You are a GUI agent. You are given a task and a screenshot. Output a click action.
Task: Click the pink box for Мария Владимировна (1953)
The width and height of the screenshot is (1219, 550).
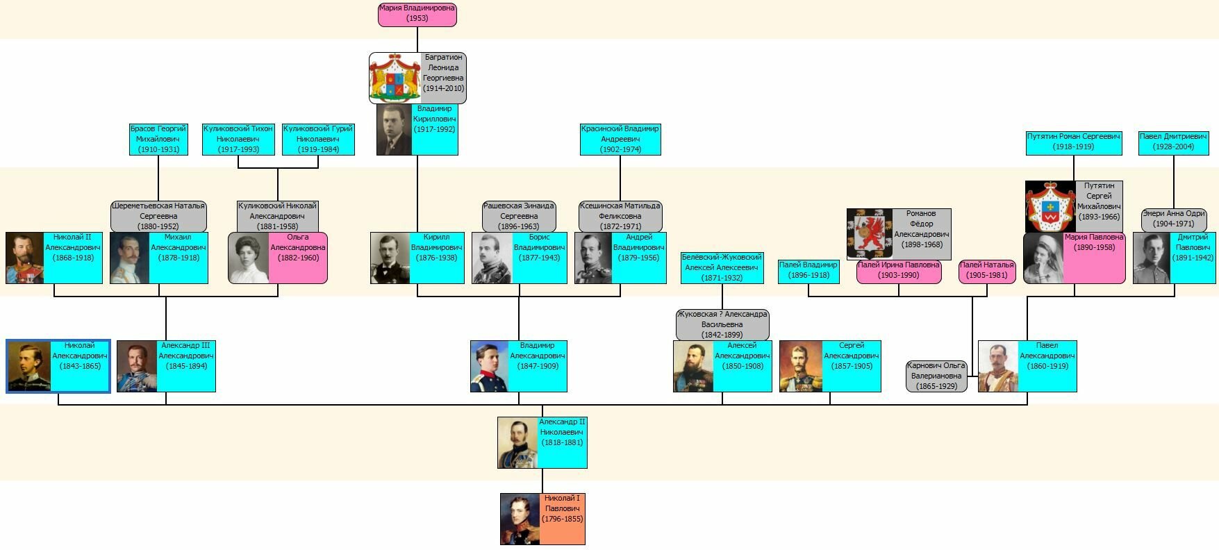click(x=417, y=15)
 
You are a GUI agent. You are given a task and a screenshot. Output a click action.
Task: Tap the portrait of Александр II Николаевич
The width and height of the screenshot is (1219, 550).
click(x=517, y=443)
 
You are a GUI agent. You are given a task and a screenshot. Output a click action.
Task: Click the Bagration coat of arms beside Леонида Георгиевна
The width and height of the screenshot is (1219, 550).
click(x=395, y=78)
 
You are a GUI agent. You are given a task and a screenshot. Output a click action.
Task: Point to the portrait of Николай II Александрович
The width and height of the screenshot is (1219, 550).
click(x=24, y=258)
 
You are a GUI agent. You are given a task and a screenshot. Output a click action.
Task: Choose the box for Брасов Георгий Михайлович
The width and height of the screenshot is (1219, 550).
click(x=158, y=140)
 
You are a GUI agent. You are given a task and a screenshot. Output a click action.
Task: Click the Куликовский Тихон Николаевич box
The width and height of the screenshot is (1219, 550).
click(x=238, y=140)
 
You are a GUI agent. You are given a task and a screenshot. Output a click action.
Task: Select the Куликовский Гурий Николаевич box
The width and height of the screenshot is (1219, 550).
click(x=318, y=140)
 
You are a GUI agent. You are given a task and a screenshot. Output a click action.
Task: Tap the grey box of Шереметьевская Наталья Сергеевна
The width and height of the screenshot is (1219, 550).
click(x=158, y=216)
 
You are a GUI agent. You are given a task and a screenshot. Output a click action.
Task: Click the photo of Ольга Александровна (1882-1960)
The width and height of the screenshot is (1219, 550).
click(x=249, y=258)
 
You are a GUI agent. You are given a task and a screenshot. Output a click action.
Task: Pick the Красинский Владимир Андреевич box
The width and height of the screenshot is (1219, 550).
click(x=620, y=140)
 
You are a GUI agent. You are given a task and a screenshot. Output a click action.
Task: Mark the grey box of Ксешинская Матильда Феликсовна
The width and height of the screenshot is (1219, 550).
click(x=620, y=216)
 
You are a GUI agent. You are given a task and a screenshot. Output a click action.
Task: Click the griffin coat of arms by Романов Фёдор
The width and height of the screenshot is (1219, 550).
click(x=870, y=234)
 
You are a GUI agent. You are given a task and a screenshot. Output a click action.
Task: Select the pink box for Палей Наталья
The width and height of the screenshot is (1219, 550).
click(x=987, y=272)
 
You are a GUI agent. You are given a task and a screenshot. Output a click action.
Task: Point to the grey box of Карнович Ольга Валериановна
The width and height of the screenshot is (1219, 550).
click(x=936, y=376)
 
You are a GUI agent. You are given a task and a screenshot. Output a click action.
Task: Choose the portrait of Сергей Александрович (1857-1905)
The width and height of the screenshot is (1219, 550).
click(x=800, y=367)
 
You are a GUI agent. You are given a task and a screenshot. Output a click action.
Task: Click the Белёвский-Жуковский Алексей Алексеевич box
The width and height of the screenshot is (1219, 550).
click(x=722, y=268)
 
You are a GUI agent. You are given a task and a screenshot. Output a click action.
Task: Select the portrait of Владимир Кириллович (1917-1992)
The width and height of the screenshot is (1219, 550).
click(x=394, y=130)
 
